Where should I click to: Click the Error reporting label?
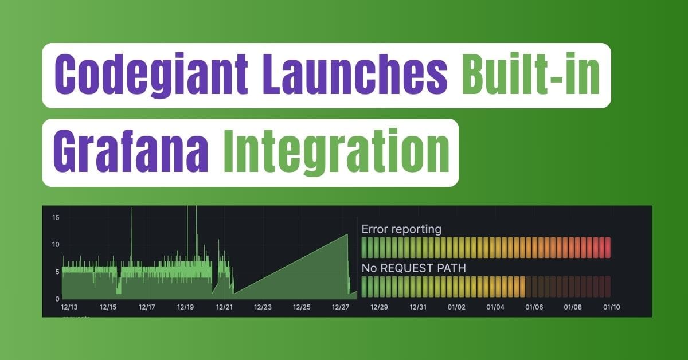click(401, 229)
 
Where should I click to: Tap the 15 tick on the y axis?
click(56, 217)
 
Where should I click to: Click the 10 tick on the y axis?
click(56, 245)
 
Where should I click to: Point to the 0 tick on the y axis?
click(58, 299)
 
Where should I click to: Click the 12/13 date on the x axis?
click(69, 307)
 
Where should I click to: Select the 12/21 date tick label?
click(224, 307)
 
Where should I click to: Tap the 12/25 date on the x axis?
click(302, 307)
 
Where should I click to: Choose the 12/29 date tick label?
click(379, 307)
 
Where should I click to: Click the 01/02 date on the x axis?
click(457, 307)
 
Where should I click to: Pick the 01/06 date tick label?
click(534, 307)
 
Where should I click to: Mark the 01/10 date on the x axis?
click(612, 307)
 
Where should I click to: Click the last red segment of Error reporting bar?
click(608, 248)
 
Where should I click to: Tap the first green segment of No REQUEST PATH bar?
click(364, 286)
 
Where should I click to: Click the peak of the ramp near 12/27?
click(347, 234)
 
